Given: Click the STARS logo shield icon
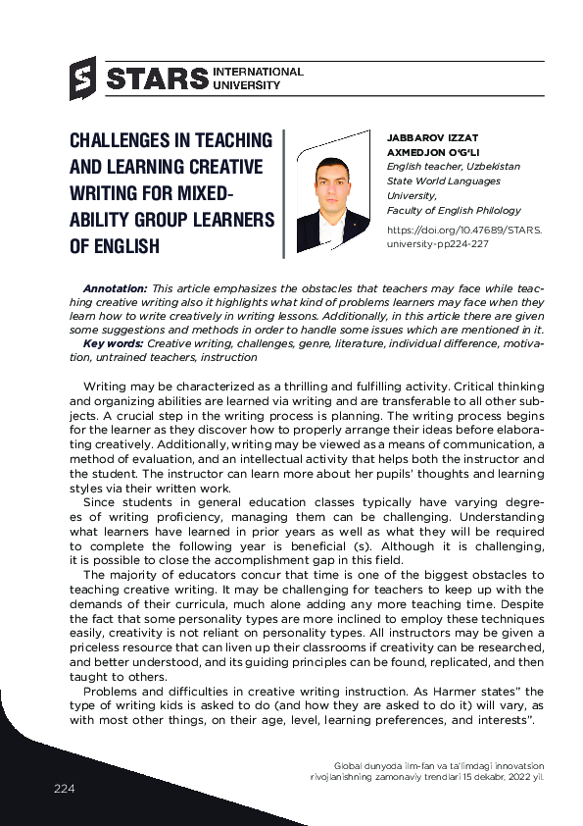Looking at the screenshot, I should [x=82, y=78].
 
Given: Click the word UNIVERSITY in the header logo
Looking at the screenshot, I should [x=246, y=85].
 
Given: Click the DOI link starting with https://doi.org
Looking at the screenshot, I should [x=464, y=231].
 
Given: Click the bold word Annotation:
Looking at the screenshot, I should [x=116, y=288].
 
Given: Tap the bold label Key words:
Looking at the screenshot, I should [x=113, y=343].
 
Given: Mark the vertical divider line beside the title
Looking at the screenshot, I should [x=283, y=192].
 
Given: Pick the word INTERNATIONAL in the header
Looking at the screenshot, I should [x=258, y=72].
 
